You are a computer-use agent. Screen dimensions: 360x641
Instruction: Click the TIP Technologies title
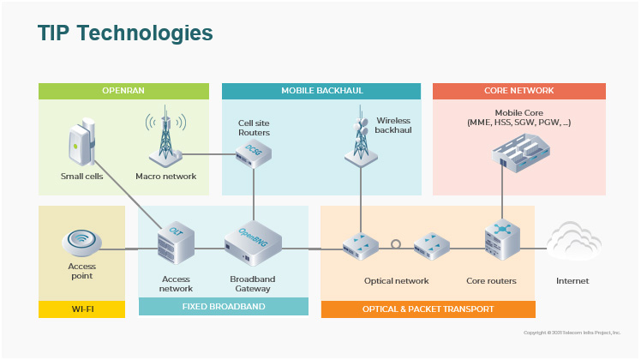tap(125, 33)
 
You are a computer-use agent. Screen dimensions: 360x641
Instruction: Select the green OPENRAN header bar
tap(123, 91)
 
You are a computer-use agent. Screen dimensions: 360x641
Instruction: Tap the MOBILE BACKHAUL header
tap(321, 91)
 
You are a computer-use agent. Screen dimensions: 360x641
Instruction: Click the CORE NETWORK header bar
tap(519, 91)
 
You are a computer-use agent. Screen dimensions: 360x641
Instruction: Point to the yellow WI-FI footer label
tap(82, 309)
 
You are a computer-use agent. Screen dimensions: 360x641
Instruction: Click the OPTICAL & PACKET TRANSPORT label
tap(428, 309)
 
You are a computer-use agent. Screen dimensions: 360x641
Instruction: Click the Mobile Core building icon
tap(520, 153)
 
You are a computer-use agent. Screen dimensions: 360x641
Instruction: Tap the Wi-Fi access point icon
tap(81, 243)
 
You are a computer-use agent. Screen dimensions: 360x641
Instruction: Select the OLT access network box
tap(175, 241)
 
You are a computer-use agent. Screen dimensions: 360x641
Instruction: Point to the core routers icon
tap(502, 239)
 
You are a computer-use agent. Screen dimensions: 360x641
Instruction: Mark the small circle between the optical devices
tap(396, 244)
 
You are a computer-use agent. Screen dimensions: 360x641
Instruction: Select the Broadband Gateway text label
tap(253, 284)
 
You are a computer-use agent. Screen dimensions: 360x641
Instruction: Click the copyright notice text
tap(572, 332)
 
